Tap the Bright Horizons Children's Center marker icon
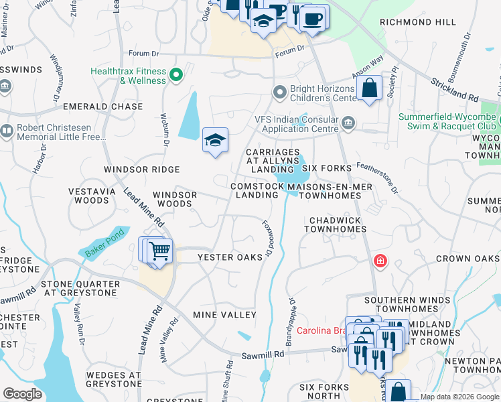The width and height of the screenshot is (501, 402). point(280,92)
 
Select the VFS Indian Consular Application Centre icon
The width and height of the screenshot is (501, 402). point(348,123)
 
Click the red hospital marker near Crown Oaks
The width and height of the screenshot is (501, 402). point(380,260)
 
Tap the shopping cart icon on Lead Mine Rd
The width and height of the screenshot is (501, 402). point(159,251)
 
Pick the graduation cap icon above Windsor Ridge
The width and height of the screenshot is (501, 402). point(216,141)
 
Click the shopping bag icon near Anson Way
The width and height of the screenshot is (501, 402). point(369,88)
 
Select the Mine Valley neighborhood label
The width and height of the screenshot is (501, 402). point(224,314)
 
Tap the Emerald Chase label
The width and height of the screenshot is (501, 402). point(103,107)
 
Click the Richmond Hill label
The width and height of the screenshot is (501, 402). point(417,22)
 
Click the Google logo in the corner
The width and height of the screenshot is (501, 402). point(22,394)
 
